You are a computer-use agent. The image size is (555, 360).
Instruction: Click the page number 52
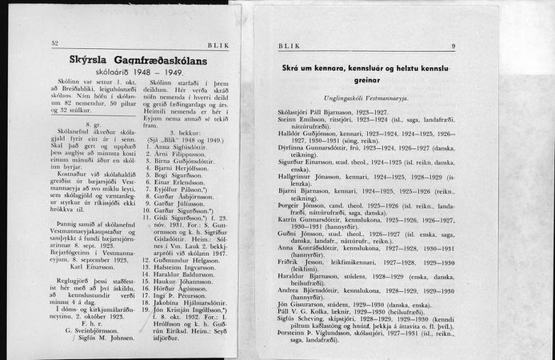[x=54, y=43]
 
